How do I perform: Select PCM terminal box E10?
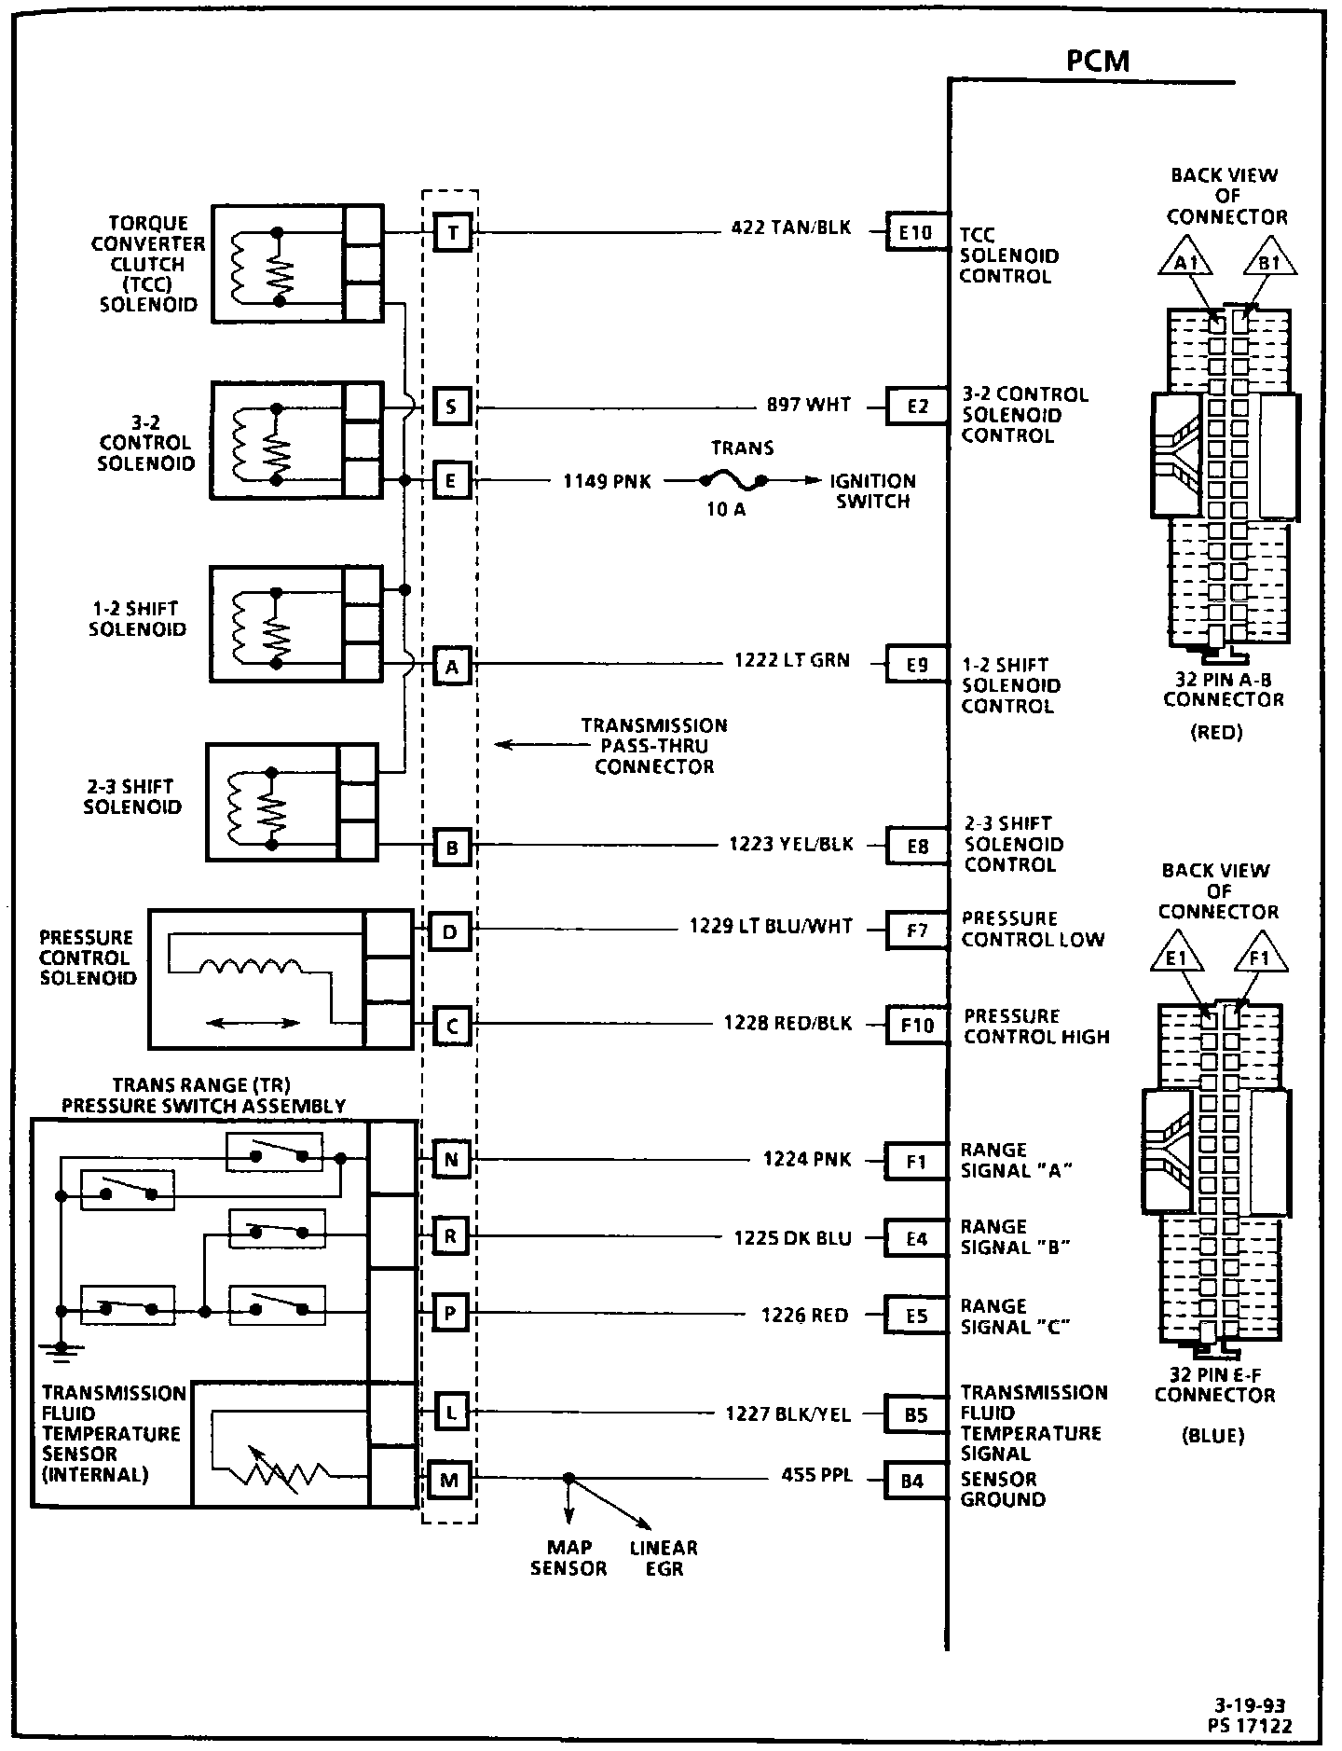click(915, 232)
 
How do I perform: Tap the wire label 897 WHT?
click(808, 406)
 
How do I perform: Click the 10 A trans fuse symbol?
click(734, 481)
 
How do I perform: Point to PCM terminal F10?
click(916, 1026)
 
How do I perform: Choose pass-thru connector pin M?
click(449, 1481)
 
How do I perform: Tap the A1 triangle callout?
click(1185, 263)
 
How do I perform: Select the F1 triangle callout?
click(1260, 958)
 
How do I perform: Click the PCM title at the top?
click(1097, 62)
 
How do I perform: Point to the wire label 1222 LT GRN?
click(792, 661)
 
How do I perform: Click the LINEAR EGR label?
click(664, 1558)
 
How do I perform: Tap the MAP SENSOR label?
click(568, 1558)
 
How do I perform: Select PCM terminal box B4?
click(912, 1480)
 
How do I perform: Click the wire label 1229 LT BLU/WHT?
click(771, 926)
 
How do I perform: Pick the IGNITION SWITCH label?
click(872, 491)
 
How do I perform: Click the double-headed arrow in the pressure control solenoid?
click(253, 1023)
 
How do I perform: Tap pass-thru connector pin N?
click(451, 1160)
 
